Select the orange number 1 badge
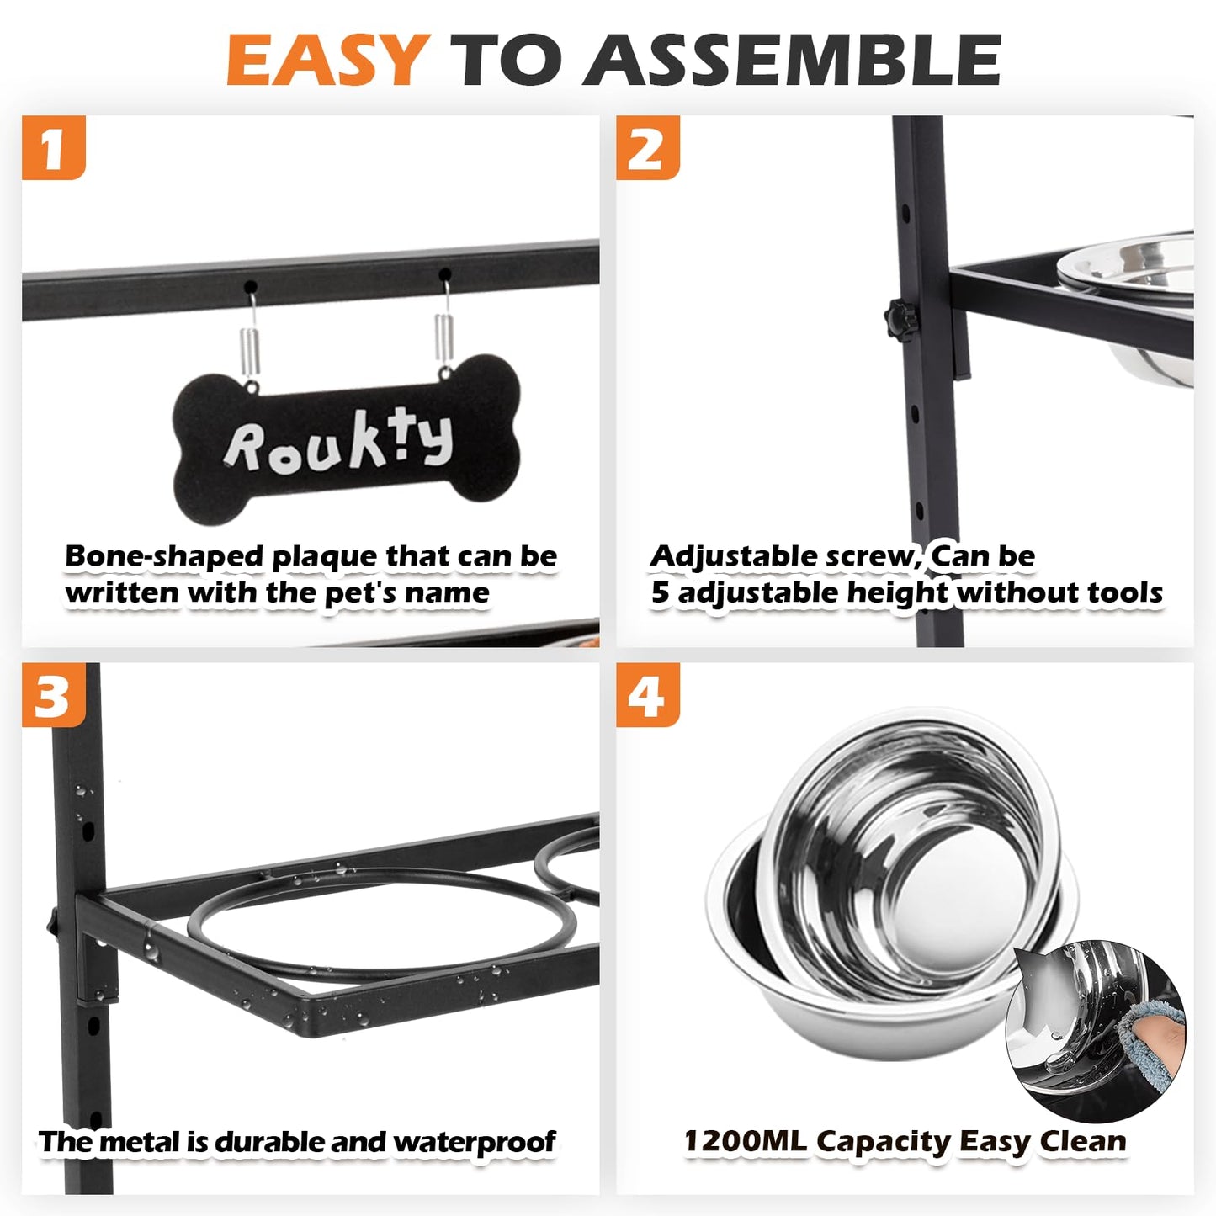(54, 147)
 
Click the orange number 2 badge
(648, 147)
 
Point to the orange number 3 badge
(54, 695)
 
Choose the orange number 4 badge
(648, 695)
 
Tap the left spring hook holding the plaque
(250, 337)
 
